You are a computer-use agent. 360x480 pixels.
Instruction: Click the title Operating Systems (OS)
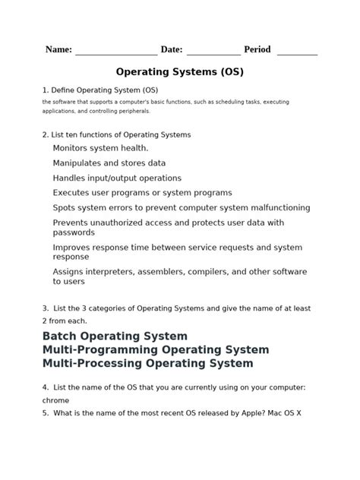180,73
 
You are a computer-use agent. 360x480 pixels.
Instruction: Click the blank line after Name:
116,53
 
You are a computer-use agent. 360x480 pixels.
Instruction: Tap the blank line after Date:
213,53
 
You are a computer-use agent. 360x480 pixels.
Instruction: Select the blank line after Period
297,53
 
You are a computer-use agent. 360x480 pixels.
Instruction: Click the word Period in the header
257,49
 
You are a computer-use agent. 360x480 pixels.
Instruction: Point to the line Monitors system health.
100,148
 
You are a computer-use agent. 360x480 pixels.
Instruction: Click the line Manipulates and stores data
109,163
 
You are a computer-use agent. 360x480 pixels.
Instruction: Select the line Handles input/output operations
117,178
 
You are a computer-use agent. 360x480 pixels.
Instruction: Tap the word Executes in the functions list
74,193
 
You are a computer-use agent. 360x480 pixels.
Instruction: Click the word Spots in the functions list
65,207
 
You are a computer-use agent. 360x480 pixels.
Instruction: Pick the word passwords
74,232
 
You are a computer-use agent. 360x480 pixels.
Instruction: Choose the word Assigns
71,272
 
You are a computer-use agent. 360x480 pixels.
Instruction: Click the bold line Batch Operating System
115,336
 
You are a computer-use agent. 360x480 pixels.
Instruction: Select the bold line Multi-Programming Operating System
156,349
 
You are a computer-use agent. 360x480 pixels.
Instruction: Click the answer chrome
56,400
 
